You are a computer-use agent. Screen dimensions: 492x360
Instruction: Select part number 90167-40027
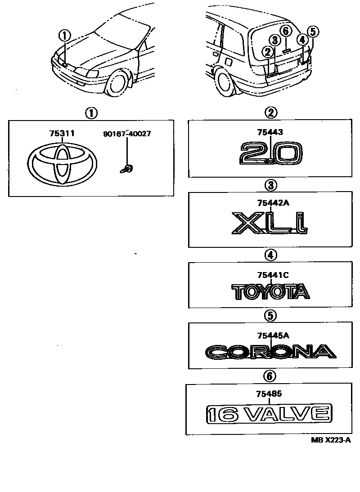click(x=127, y=134)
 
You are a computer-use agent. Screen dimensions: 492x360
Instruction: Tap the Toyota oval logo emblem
click(x=62, y=164)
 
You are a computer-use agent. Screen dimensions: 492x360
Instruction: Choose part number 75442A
click(x=270, y=203)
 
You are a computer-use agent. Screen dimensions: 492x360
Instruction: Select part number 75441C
click(x=270, y=274)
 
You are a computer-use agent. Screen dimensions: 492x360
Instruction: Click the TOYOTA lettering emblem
click(x=271, y=291)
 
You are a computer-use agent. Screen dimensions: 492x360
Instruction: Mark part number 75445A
click(x=270, y=335)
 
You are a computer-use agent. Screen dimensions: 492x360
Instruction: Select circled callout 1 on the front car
click(x=65, y=34)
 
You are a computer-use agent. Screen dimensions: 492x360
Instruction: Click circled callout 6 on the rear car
click(x=286, y=31)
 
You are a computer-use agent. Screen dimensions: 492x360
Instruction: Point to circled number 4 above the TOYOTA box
click(x=270, y=255)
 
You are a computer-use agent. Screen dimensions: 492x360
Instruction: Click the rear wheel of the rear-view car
click(x=225, y=81)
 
